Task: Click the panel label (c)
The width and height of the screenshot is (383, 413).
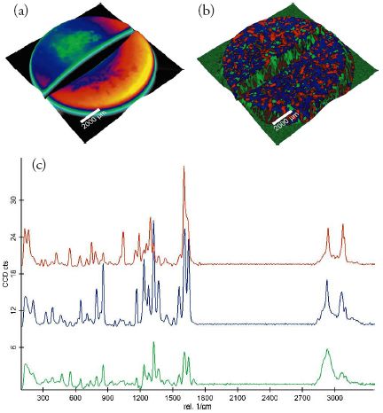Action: pyautogui.click(x=40, y=165)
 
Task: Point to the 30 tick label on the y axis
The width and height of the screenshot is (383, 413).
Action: pyautogui.click(x=12, y=200)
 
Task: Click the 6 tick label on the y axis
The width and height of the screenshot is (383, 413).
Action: pyautogui.click(x=14, y=348)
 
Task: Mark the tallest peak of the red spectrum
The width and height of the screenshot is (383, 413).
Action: pyautogui.click(x=184, y=168)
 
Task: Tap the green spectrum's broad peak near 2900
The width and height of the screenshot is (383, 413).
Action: pyautogui.click(x=327, y=351)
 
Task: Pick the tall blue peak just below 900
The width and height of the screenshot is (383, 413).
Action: pyautogui.click(x=104, y=267)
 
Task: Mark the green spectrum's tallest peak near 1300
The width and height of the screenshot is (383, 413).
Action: pyautogui.click(x=153, y=343)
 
